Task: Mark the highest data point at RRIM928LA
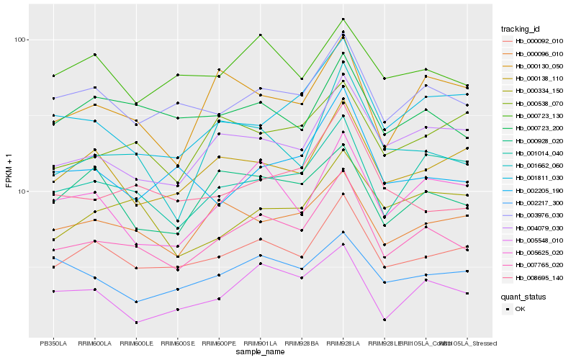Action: pos(343,19)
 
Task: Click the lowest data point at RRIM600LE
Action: pos(136,323)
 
